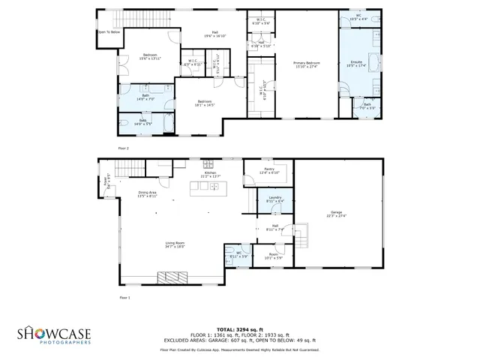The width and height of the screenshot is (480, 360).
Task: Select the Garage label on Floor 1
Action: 337,213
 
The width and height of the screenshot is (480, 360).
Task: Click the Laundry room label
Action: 275,199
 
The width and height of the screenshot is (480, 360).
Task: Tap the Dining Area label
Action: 147,194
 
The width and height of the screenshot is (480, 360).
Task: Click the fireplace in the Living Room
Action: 173,277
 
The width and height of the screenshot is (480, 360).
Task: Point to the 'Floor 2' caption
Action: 124,148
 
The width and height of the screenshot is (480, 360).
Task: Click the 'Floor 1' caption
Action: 124,298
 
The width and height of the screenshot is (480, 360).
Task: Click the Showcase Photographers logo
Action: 55,334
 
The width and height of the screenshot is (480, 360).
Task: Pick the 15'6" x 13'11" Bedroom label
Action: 151,57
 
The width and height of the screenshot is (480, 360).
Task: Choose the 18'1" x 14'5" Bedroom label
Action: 205,103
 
